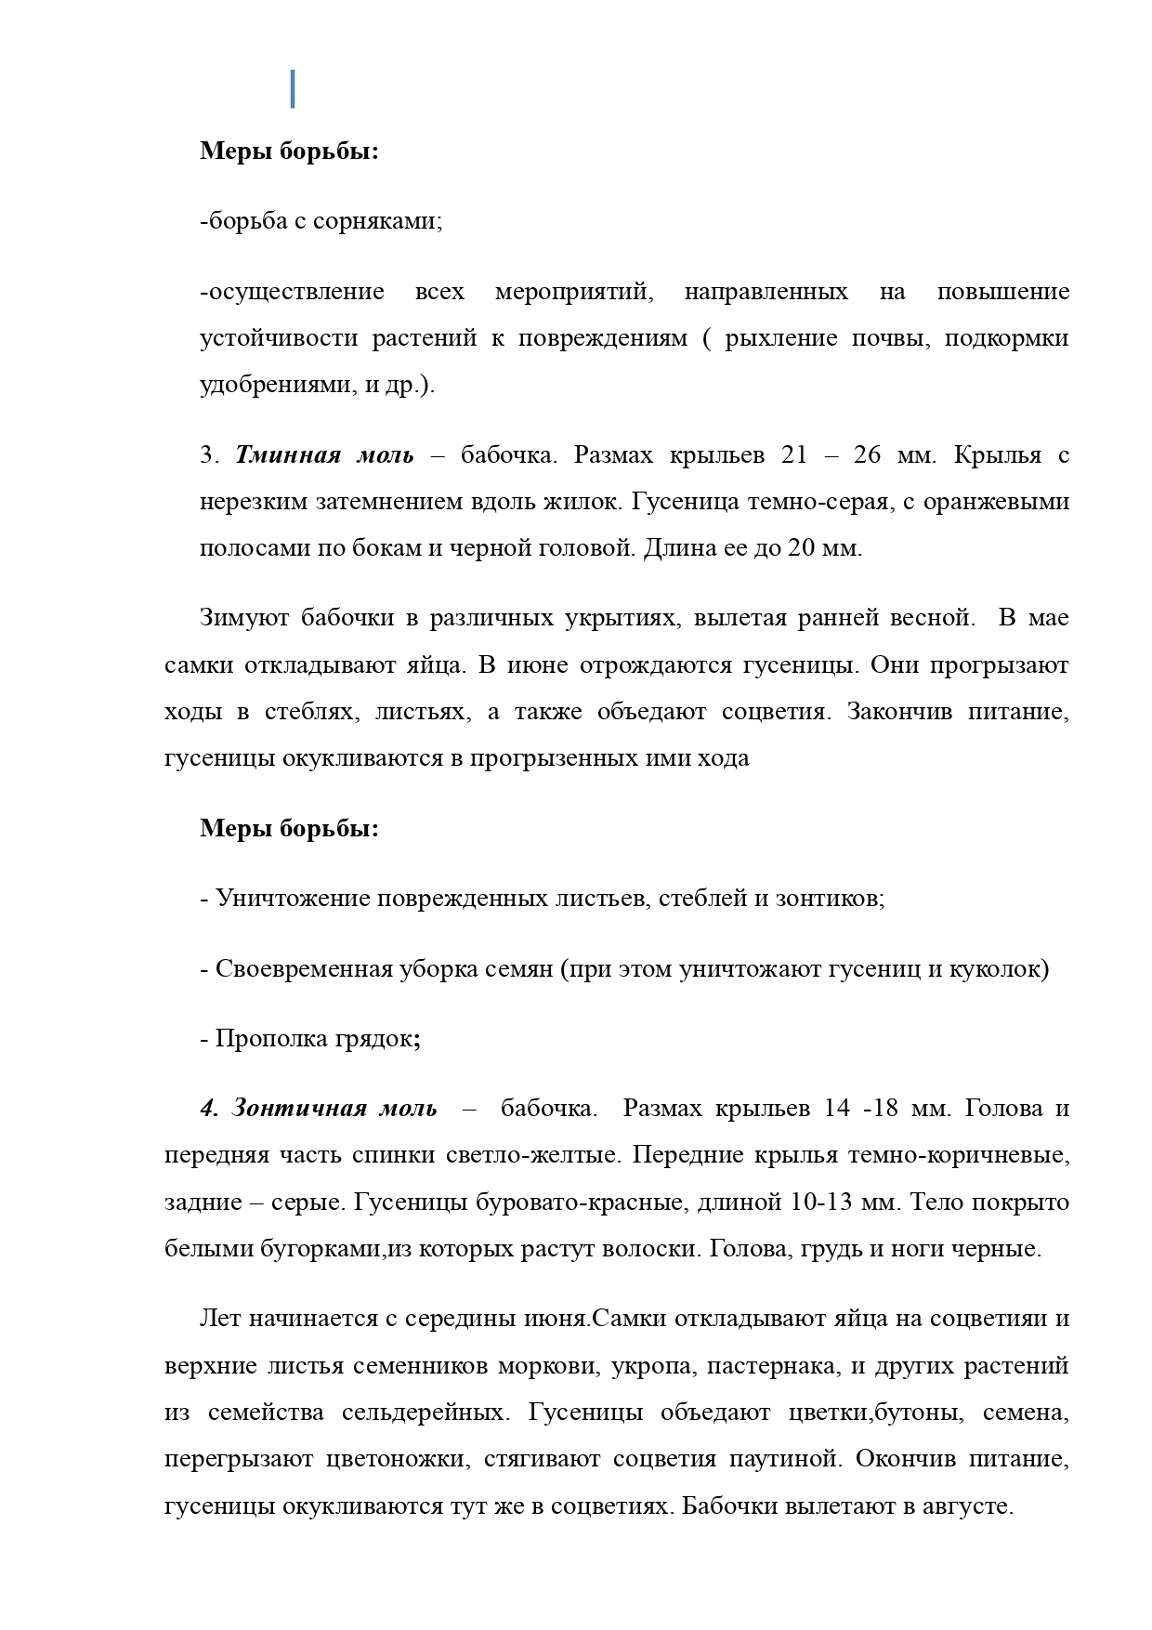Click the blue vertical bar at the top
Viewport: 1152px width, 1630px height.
pyautogui.click(x=293, y=88)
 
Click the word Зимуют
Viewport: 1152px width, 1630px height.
pyautogui.click(x=242, y=618)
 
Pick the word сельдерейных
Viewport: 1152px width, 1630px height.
pyautogui.click(x=425, y=1413)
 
